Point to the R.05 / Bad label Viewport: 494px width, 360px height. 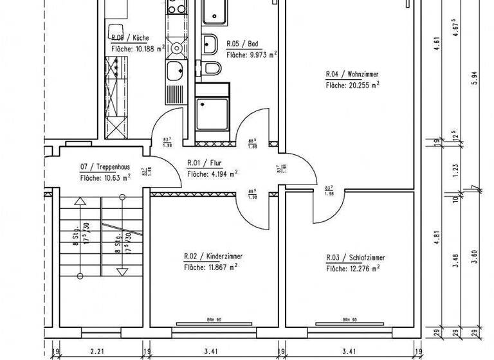click(242, 44)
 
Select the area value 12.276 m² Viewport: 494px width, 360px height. click(352, 268)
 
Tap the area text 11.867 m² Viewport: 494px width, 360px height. click(210, 267)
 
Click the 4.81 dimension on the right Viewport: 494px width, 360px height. click(437, 235)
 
